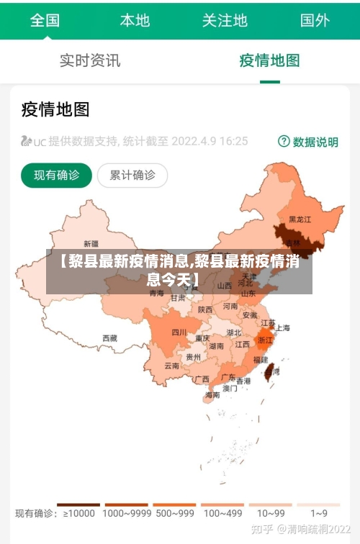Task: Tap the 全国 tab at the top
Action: tap(45, 20)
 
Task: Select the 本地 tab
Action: tap(135, 20)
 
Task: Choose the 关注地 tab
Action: tap(225, 20)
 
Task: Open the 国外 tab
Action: tap(315, 20)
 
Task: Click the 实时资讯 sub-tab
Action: tap(90, 60)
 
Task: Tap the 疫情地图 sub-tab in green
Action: tap(269, 60)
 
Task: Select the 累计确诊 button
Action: tap(132, 175)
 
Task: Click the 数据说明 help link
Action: tap(308, 142)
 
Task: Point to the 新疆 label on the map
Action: tap(91, 243)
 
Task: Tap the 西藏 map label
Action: tap(109, 337)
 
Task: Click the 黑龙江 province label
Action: tap(300, 219)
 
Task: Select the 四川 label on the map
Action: tap(179, 332)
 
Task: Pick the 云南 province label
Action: tap(171, 366)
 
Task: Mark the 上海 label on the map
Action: tap(282, 328)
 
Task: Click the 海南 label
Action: tap(212, 395)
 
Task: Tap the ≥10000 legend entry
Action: tap(79, 513)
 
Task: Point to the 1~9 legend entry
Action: tap(319, 513)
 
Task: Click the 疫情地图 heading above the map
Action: tap(55, 109)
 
